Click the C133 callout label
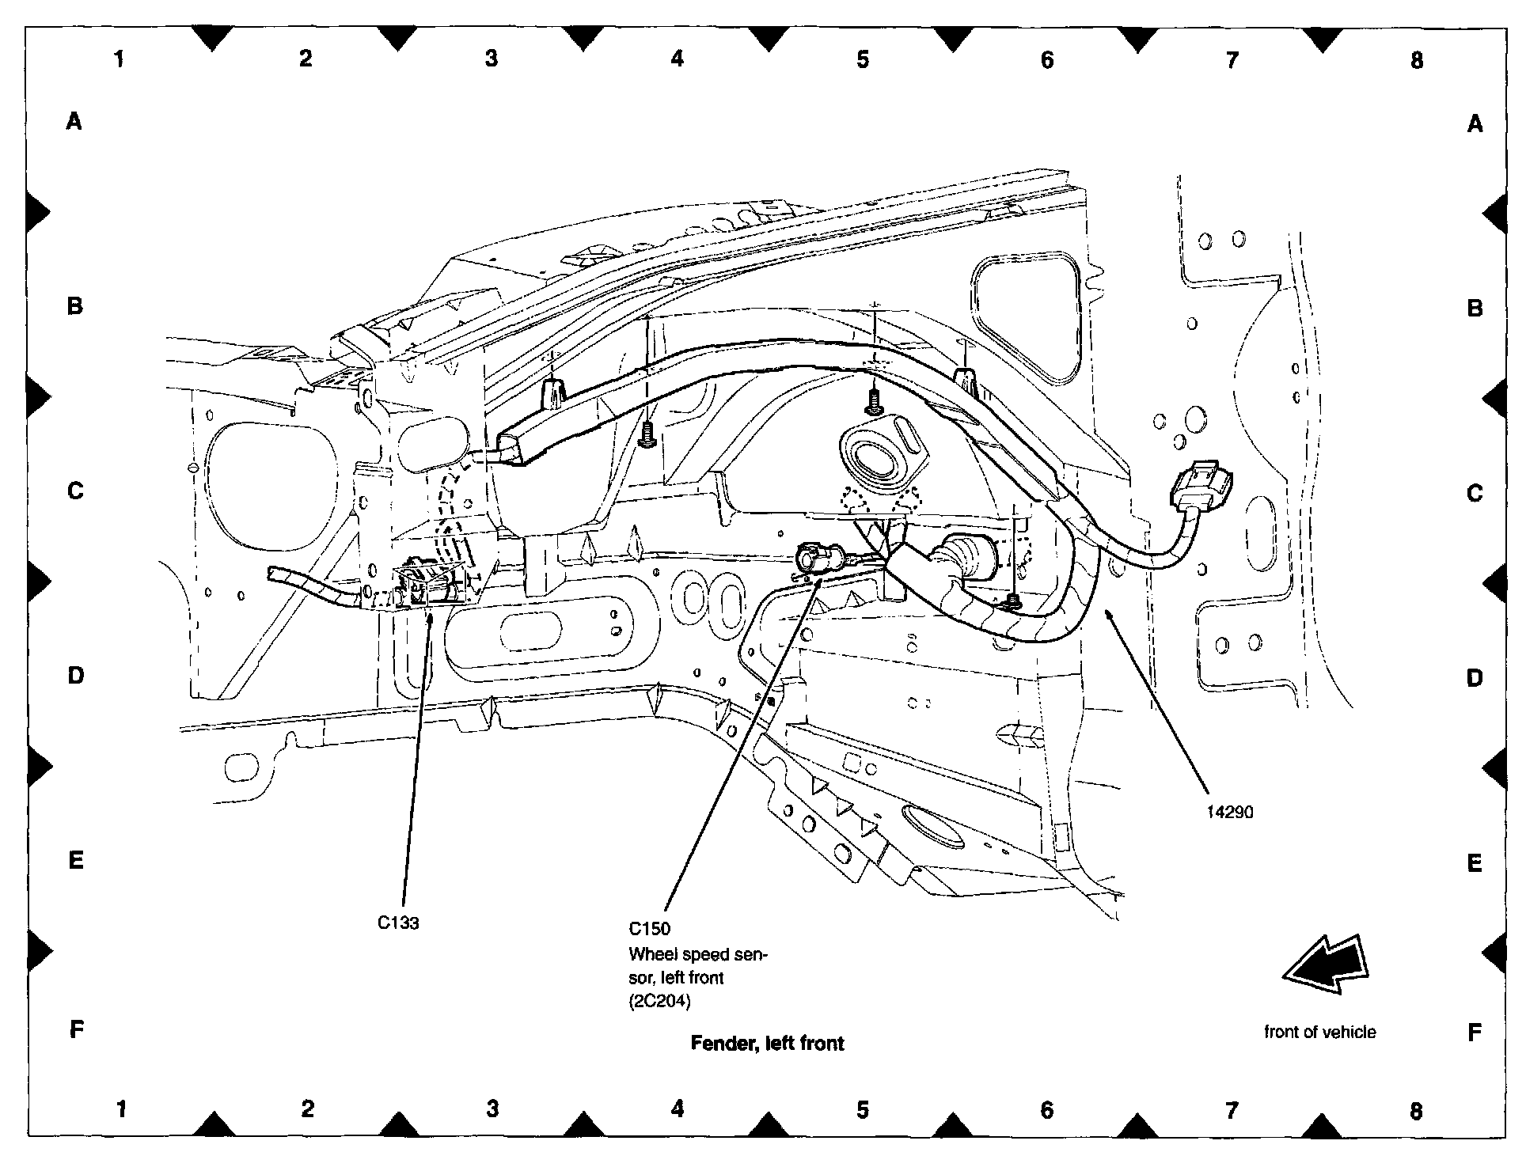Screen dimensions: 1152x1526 coord(397,923)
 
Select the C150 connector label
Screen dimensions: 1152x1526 coord(649,929)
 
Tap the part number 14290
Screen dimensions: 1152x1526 coord(1230,812)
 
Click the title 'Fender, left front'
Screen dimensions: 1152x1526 coord(767,1044)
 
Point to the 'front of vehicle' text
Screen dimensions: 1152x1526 coord(1319,1032)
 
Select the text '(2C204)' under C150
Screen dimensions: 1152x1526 coord(659,1002)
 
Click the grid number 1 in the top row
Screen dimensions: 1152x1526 coord(120,59)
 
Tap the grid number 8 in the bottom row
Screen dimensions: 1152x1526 coord(1416,1111)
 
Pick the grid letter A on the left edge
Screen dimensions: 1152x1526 coord(74,121)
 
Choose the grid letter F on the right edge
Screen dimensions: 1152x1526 coord(1474,1032)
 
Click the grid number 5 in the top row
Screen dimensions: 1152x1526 coord(862,59)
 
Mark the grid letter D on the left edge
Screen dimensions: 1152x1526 coord(75,675)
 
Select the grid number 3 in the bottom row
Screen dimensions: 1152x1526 coord(492,1109)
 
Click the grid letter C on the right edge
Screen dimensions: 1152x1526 coord(1474,493)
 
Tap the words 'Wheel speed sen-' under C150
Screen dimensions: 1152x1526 coord(697,954)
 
